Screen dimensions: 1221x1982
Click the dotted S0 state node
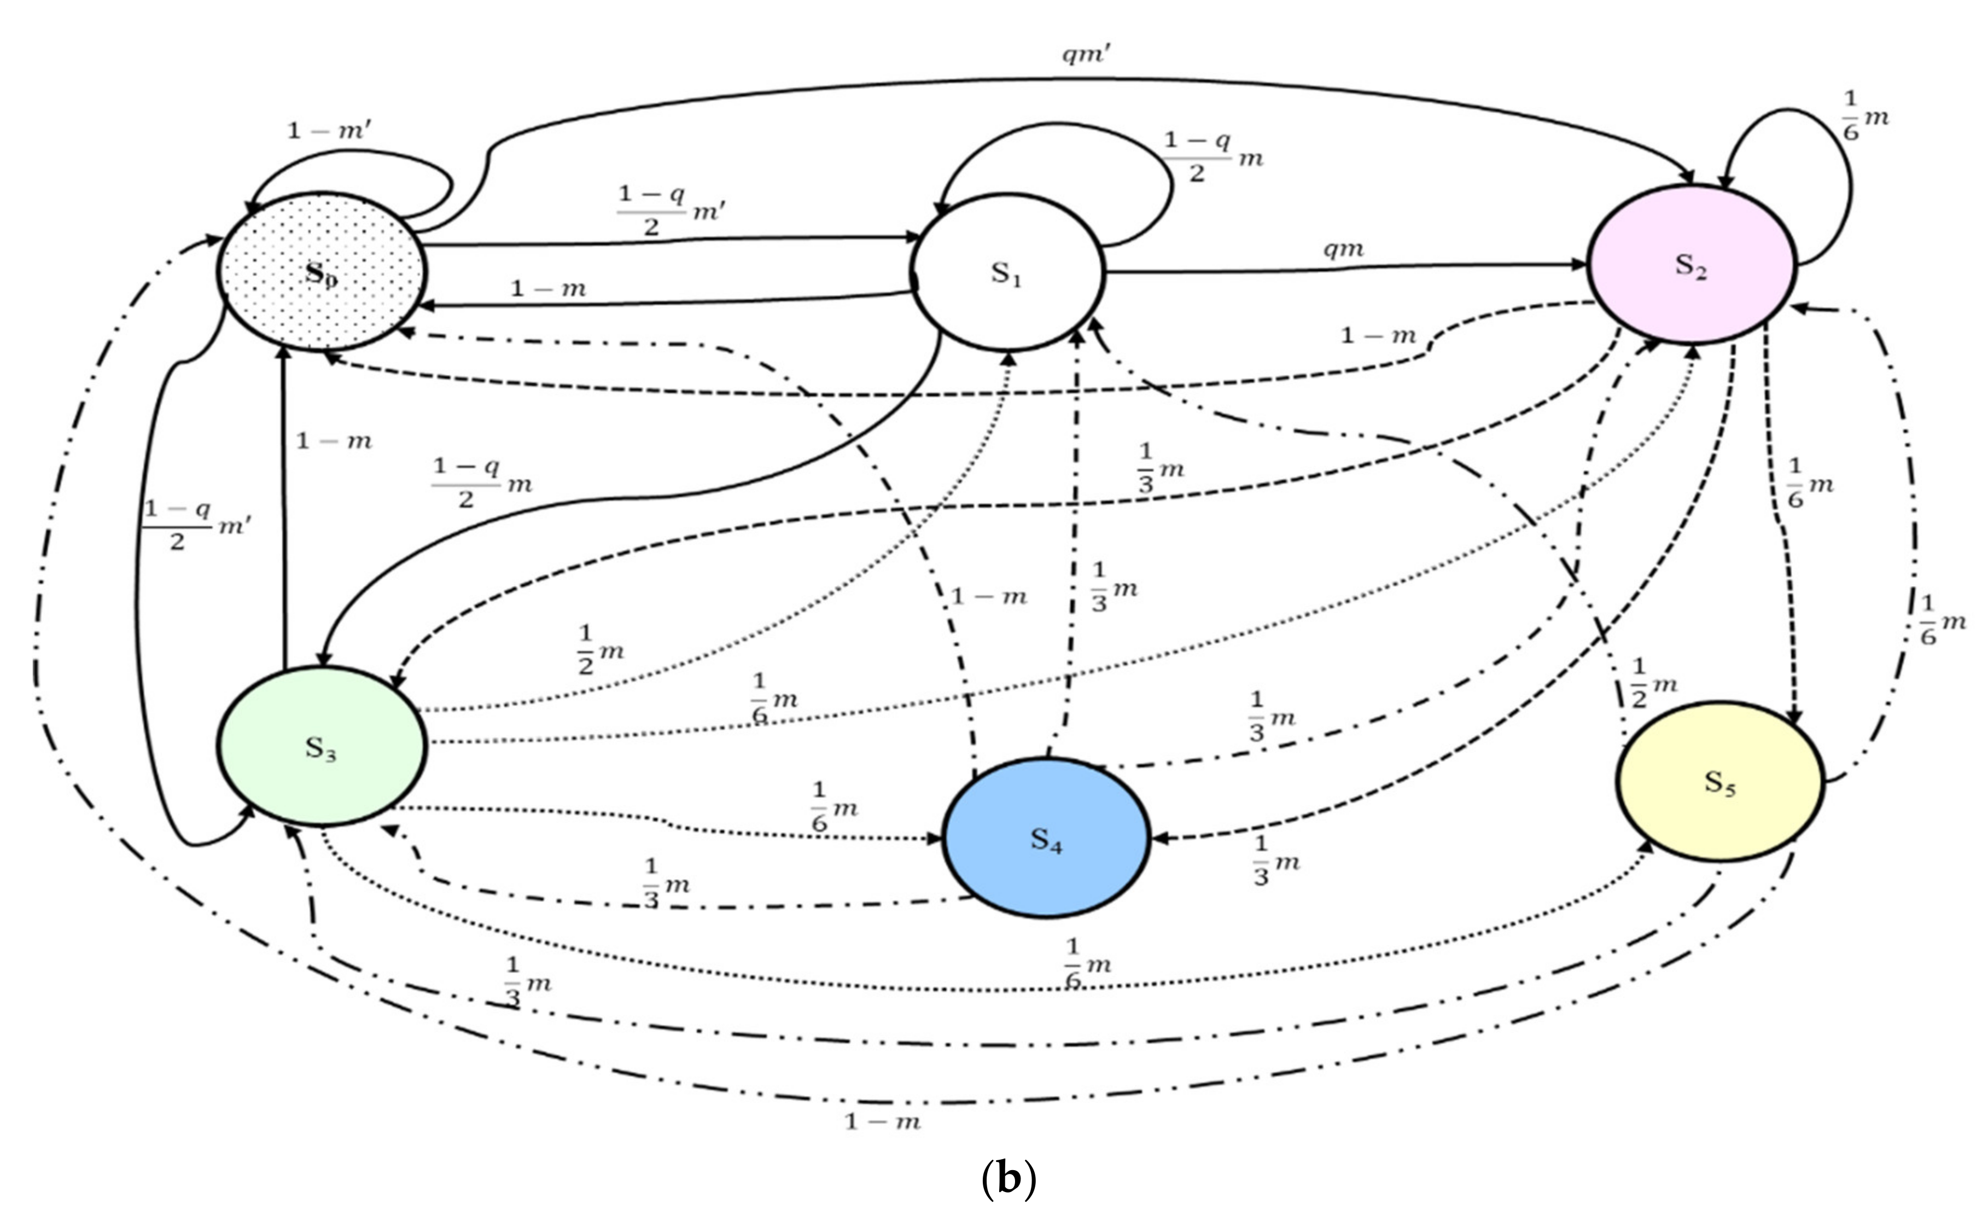coord(320,272)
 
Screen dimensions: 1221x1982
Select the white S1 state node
coord(1007,273)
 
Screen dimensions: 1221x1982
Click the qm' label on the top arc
coord(1087,55)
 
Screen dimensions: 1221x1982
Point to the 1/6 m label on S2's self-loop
coord(1865,115)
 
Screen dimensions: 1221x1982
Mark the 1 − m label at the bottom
coord(882,1121)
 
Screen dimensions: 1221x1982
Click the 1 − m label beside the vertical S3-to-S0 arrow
coord(334,441)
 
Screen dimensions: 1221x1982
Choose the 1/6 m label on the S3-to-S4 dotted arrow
coord(833,806)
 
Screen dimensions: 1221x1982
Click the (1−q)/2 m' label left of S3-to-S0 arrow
coord(196,525)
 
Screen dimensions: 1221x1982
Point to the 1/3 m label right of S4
coord(1275,861)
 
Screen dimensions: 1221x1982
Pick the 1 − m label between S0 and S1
coord(548,288)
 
